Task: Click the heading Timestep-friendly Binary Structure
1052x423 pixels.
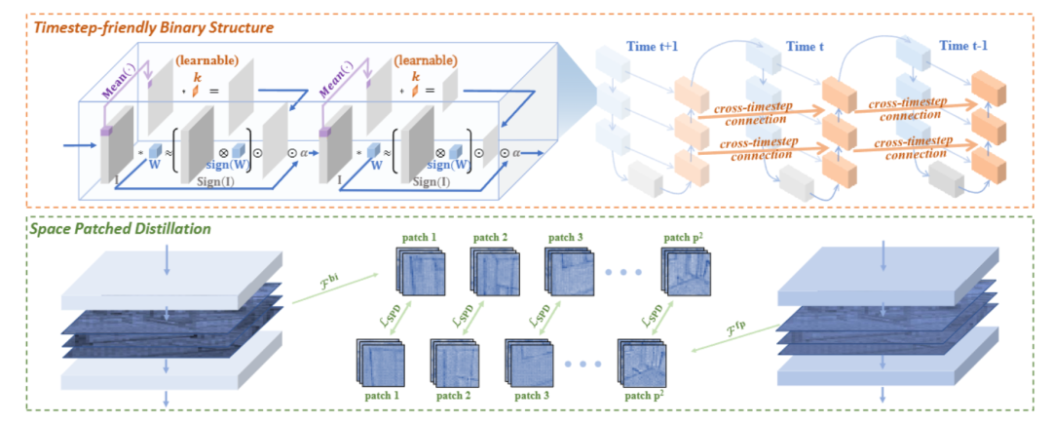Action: [x=154, y=27]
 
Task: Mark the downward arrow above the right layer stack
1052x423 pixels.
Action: [x=883, y=255]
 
